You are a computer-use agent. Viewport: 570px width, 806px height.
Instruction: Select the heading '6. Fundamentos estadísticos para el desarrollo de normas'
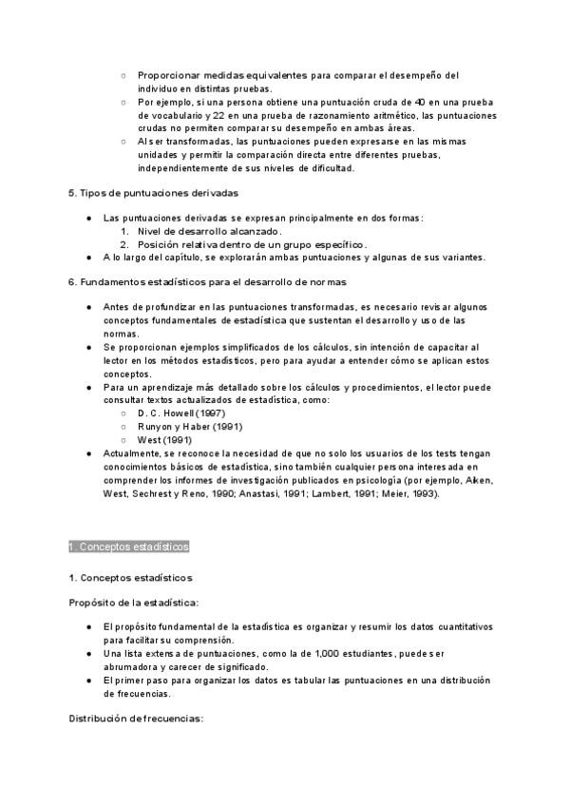tap(207, 282)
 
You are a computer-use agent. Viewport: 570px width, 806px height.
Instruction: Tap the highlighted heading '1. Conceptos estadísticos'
tap(129, 547)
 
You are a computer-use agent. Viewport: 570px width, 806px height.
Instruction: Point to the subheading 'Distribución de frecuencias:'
tap(136, 719)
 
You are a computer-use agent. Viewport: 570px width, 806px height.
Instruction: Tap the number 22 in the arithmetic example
tap(219, 115)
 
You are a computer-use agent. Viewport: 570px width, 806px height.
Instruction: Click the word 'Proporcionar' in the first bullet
tap(167, 75)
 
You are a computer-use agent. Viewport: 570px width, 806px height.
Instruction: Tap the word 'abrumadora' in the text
tap(133, 667)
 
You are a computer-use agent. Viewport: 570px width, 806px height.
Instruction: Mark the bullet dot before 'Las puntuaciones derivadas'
tap(88, 218)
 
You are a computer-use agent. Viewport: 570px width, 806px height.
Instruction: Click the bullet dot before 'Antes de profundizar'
tap(88, 307)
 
